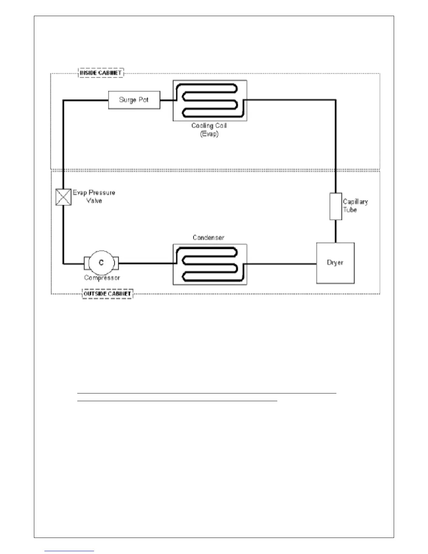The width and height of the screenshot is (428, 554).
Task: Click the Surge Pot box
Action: (134, 100)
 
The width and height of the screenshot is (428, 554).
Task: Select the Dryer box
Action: (335, 263)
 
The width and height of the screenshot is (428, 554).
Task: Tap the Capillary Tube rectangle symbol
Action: (336, 206)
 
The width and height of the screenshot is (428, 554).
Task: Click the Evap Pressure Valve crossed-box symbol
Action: (63, 197)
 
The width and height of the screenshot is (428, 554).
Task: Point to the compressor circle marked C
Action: (101, 263)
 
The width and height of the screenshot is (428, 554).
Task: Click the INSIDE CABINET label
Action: (101, 73)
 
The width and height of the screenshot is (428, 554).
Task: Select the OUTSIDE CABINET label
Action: (107, 294)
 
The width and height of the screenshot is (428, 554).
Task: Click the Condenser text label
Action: (208, 238)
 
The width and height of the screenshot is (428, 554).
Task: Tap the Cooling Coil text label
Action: (209, 126)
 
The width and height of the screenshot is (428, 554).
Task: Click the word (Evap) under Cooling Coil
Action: (209, 134)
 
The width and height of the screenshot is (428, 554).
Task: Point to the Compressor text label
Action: (102, 278)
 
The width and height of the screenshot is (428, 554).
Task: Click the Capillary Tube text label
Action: (355, 206)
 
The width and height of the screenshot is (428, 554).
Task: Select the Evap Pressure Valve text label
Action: (94, 197)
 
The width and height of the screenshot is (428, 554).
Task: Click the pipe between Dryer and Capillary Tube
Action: (336, 231)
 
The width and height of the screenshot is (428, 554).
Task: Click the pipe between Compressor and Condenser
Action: (145, 263)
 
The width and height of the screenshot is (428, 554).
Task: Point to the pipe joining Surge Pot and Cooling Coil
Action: (166, 100)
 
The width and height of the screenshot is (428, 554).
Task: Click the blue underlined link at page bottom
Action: (69, 551)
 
